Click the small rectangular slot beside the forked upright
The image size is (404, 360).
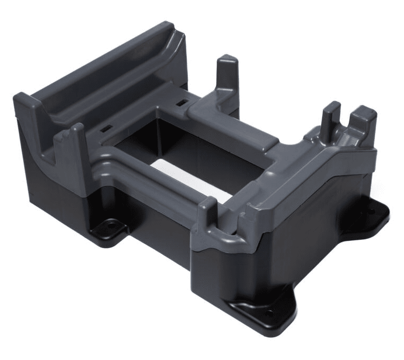tap(106, 128)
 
